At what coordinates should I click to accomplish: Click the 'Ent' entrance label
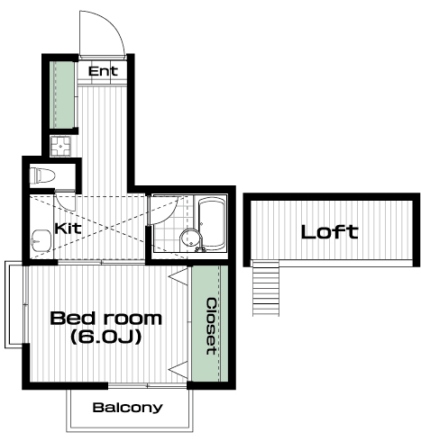(x=103, y=71)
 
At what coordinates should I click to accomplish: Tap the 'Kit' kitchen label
(x=68, y=229)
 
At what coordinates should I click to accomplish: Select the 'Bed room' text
(x=106, y=319)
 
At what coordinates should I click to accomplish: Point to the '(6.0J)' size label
(x=105, y=337)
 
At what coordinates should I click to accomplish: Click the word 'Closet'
(x=211, y=326)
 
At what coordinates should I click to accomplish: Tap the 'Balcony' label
(x=128, y=408)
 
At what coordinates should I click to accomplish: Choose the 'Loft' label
(x=330, y=232)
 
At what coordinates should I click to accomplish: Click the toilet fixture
(x=42, y=175)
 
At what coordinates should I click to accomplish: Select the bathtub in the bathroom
(x=212, y=222)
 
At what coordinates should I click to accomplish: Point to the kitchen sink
(x=41, y=240)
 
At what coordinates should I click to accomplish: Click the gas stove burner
(x=60, y=146)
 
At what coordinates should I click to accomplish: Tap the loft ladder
(x=266, y=288)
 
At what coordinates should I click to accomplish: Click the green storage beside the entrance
(x=62, y=94)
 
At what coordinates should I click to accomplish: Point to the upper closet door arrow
(x=178, y=275)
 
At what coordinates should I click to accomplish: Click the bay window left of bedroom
(x=14, y=305)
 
